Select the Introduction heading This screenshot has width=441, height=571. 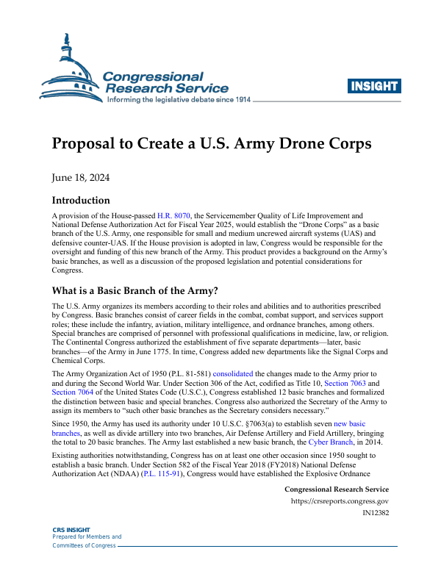pyautogui.click(x=81, y=200)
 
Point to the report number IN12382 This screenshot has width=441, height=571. pyautogui.click(x=376, y=514)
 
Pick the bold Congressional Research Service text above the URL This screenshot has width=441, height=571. pyautogui.click(x=336, y=489)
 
